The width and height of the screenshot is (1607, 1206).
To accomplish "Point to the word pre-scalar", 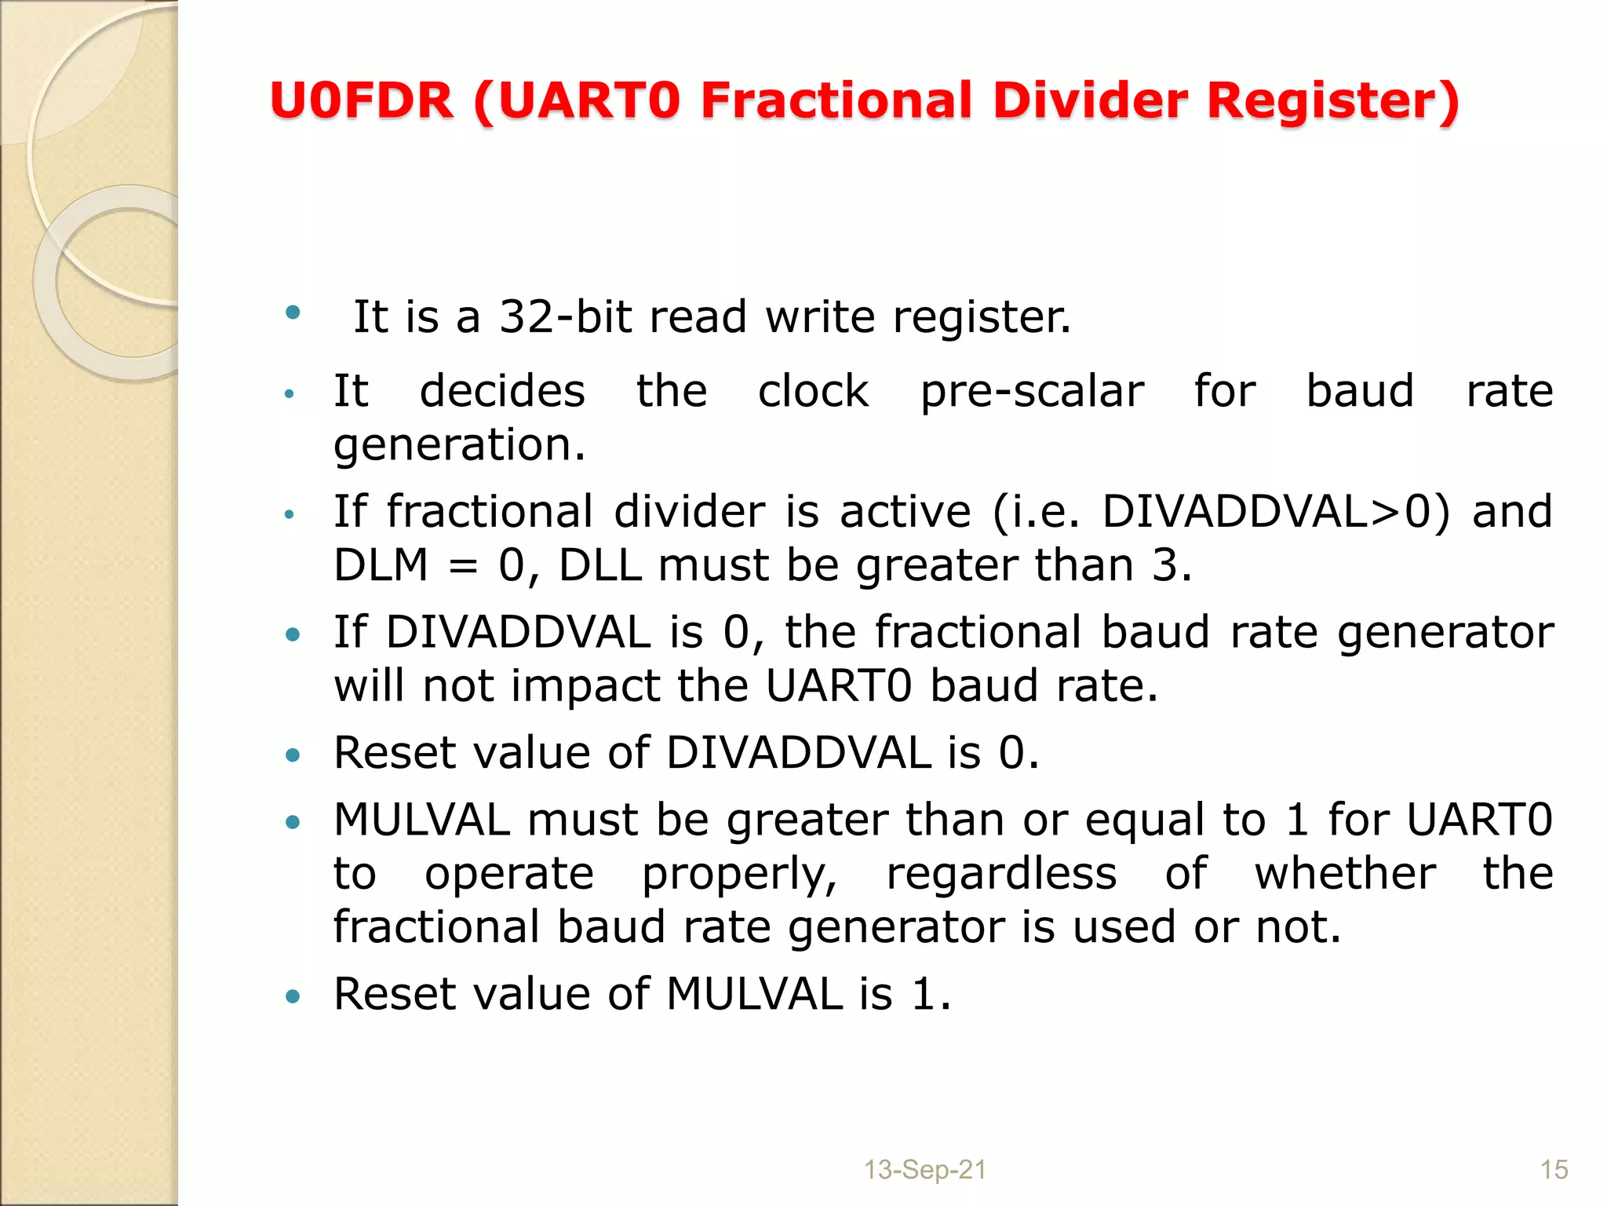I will tap(1032, 391).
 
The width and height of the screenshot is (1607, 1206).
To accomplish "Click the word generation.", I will tap(460, 444).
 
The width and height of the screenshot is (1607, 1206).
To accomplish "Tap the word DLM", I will tap(381, 565).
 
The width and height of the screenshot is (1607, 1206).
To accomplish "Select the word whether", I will tap(1345, 873).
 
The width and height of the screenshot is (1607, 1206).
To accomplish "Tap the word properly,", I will tap(740, 873).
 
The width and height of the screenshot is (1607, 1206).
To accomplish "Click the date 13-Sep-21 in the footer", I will tap(924, 1170).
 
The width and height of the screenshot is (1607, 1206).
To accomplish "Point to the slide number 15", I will tap(1554, 1170).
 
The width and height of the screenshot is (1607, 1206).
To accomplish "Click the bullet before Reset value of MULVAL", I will tap(293, 997).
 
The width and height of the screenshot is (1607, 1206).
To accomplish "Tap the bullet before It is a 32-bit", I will tap(293, 312).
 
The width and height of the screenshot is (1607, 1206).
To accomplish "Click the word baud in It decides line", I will tap(1360, 391).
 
